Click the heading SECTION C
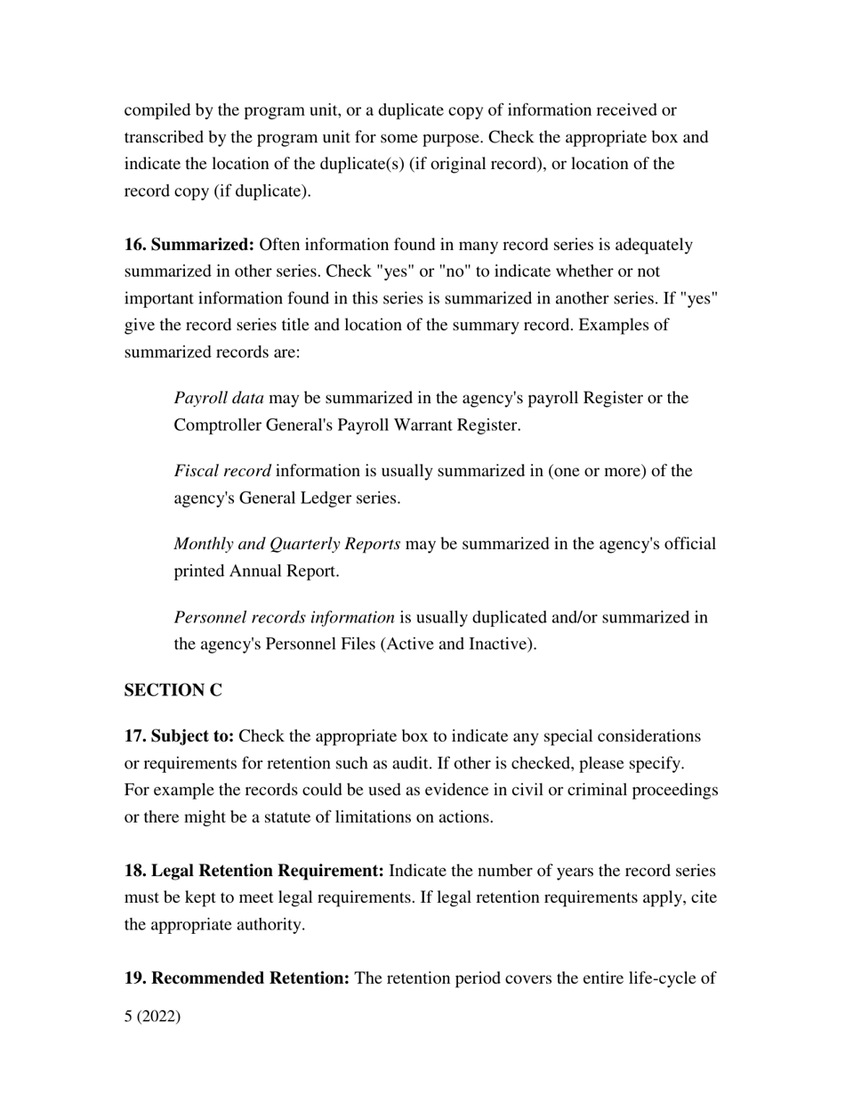click(173, 691)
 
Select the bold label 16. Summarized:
click(189, 245)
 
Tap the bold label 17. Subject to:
click(179, 736)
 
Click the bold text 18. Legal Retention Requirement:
click(254, 871)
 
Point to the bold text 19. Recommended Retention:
click(237, 978)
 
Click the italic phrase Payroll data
click(219, 398)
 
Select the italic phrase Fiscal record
click(222, 471)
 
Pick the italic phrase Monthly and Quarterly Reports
click(286, 544)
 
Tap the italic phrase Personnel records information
click(284, 617)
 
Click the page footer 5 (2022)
click(152, 1016)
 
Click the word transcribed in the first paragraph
click(165, 138)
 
